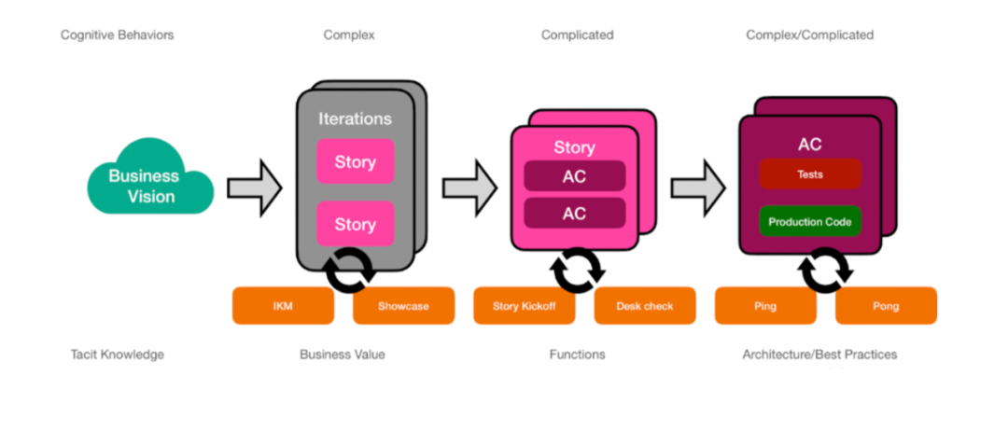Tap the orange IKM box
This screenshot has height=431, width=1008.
click(x=282, y=306)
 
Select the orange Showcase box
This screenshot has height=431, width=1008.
click(x=403, y=306)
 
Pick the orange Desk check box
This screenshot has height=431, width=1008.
click(x=645, y=306)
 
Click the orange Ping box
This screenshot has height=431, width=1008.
click(x=765, y=306)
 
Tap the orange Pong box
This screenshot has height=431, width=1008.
click(x=886, y=306)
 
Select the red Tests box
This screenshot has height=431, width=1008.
click(x=809, y=174)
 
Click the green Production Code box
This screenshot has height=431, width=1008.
click(x=809, y=222)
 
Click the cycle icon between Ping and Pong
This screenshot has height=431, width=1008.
click(x=826, y=271)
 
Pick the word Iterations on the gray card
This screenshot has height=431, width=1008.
click(x=355, y=119)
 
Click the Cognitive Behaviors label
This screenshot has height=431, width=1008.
click(x=117, y=35)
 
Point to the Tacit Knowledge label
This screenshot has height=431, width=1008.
click(x=117, y=355)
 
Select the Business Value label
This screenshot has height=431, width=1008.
click(x=342, y=355)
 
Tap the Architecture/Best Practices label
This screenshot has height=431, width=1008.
click(x=819, y=355)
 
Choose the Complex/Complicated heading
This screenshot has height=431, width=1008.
click(x=809, y=35)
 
